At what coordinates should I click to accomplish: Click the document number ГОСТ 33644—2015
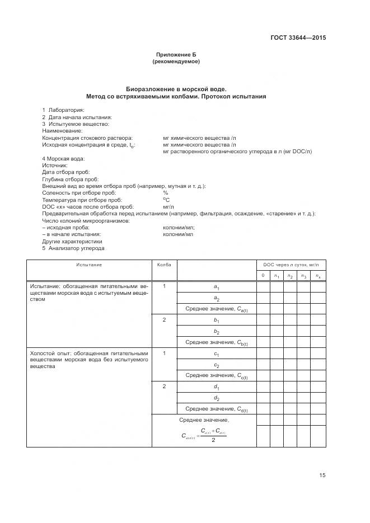(297, 38)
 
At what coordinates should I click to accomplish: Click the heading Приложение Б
(176, 55)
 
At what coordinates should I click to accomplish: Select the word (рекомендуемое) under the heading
(176, 62)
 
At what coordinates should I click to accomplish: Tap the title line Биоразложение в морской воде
(176, 89)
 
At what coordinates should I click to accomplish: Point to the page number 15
(322, 475)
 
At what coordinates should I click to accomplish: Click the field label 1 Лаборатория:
(63, 110)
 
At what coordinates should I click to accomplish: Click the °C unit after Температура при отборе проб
(166, 200)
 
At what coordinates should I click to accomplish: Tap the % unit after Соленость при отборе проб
(165, 192)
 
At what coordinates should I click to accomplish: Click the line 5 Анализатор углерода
(73, 248)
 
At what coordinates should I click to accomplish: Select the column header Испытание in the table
(89, 265)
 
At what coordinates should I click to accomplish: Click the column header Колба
(164, 265)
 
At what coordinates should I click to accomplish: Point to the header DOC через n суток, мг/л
(291, 265)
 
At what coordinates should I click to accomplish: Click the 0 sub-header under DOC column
(263, 275)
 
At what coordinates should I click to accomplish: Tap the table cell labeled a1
(216, 287)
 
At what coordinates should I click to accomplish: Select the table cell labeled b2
(216, 331)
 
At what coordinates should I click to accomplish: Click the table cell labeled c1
(216, 354)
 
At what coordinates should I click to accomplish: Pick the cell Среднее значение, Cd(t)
(216, 409)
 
